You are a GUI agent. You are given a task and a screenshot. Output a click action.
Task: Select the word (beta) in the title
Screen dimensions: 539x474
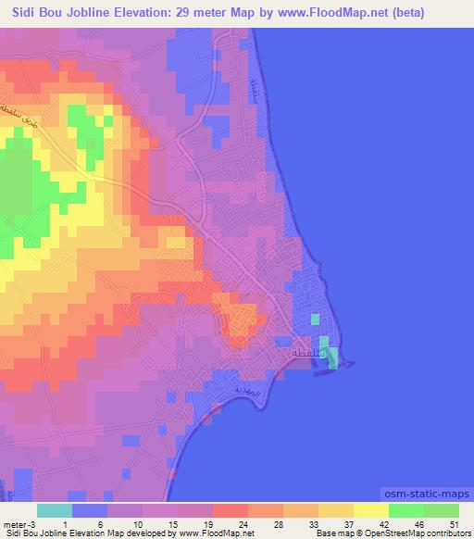tap(444, 12)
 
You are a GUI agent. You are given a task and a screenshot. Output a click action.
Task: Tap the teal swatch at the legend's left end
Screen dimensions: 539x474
tap(55, 510)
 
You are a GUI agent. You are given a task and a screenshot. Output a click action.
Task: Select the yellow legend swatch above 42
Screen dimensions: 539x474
tap(371, 510)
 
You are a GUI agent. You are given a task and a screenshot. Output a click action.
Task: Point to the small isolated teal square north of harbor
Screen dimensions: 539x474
tap(315, 319)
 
